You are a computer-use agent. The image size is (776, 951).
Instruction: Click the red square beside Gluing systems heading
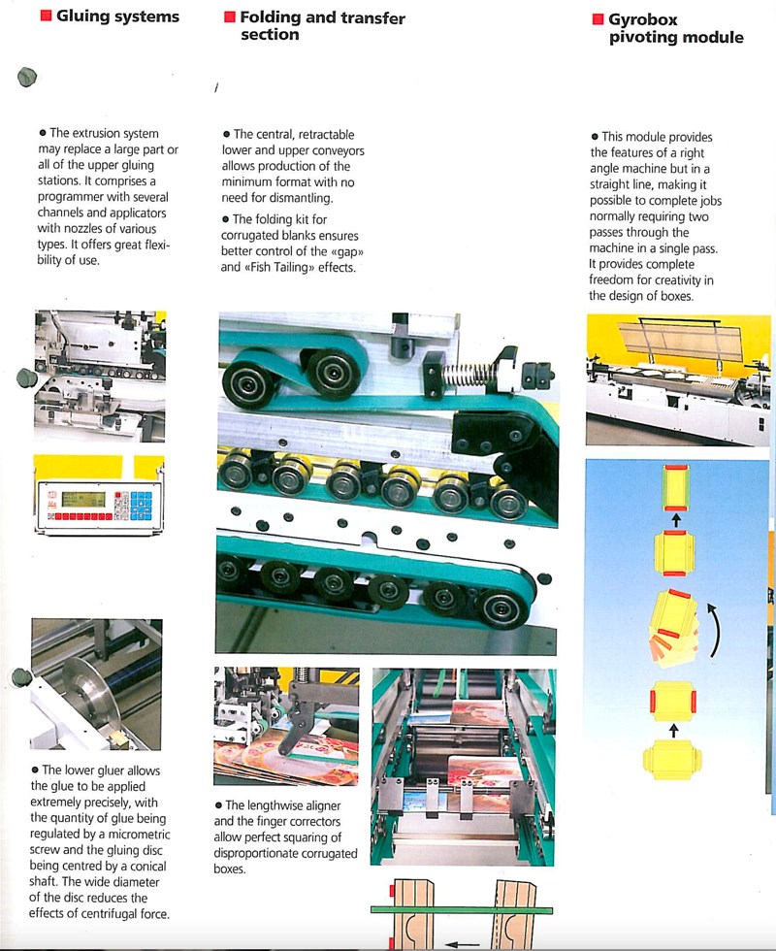[46, 16]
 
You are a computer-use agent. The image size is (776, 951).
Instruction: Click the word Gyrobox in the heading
[642, 19]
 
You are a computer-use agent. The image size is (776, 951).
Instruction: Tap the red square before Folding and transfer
[230, 16]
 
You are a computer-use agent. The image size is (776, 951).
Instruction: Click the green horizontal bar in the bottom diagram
[461, 910]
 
